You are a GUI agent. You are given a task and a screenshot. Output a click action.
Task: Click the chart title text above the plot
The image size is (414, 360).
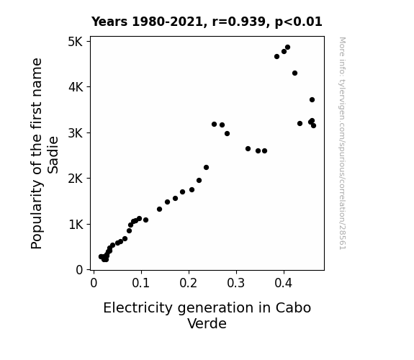[x=207, y=22]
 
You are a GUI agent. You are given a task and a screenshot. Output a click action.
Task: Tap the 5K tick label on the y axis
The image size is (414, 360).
[x=76, y=42]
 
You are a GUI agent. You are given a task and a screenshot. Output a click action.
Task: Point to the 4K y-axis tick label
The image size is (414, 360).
[x=76, y=86]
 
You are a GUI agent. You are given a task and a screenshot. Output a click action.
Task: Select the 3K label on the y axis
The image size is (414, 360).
[x=76, y=133]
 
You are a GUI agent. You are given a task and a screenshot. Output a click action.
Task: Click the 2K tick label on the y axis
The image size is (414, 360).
[x=76, y=179]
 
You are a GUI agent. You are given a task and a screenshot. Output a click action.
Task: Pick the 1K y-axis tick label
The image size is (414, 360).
[x=76, y=225]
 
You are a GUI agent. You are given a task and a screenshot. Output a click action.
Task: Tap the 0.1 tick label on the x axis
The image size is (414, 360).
[x=141, y=283]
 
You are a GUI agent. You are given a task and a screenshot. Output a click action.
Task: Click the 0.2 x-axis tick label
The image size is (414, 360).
[x=189, y=283]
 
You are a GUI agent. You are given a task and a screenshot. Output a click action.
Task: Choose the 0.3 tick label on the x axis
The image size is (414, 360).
[x=236, y=283]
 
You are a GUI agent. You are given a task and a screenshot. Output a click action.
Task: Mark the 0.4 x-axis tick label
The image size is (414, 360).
[x=284, y=283]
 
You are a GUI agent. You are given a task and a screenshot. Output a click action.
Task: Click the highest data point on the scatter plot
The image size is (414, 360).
[x=287, y=48]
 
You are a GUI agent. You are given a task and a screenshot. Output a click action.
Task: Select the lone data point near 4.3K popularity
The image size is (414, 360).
[x=294, y=73]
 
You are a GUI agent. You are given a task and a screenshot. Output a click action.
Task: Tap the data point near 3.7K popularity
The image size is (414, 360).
[x=312, y=100]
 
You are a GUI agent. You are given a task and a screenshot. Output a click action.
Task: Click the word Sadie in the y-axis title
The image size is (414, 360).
[x=53, y=155]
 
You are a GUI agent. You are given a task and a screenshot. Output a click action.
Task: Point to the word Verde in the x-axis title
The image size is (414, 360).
[x=207, y=323]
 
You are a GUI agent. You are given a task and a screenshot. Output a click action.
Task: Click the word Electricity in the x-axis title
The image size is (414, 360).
[x=138, y=308]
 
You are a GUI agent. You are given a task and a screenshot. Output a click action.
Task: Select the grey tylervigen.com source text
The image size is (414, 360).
[x=342, y=143]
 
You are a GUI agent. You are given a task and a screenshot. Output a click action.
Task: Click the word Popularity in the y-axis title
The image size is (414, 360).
[x=37, y=215]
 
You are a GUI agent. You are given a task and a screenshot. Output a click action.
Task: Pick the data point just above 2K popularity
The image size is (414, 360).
[x=206, y=168]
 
